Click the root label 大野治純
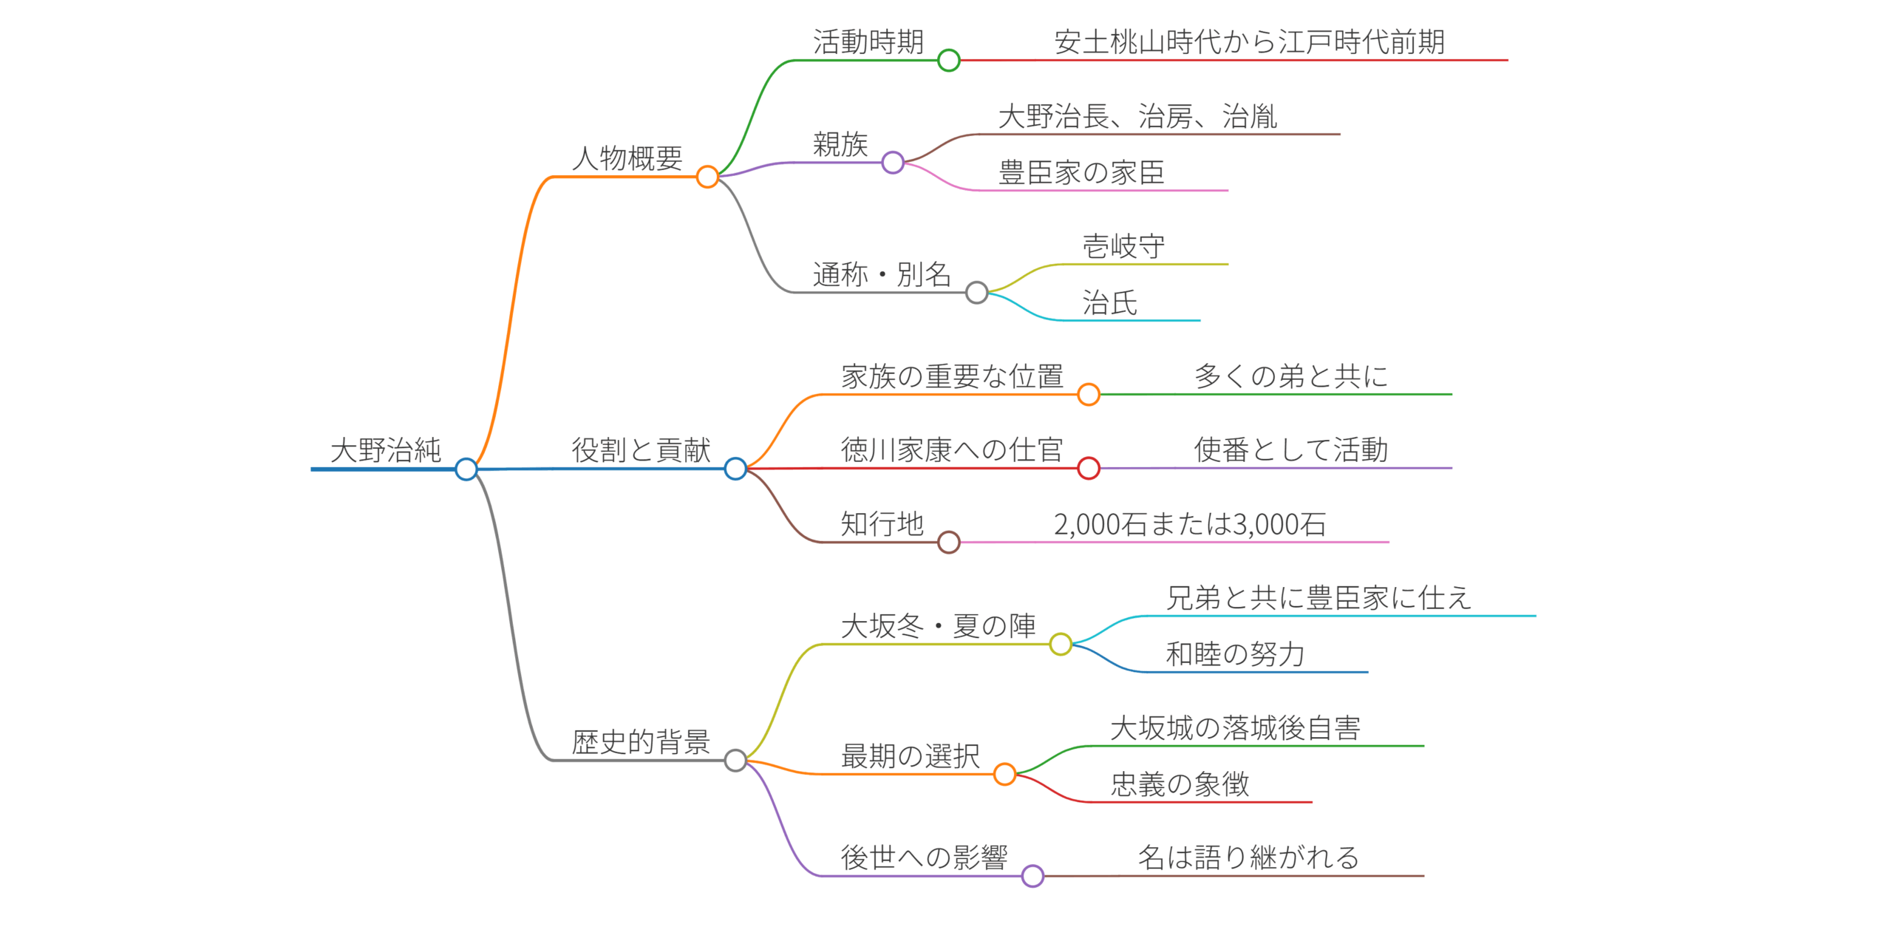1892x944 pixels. point(385,449)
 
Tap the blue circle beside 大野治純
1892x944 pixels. point(466,469)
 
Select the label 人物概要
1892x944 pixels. point(627,158)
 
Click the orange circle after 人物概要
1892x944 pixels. point(707,177)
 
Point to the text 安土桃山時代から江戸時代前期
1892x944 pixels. point(1249,42)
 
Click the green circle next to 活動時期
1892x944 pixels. point(948,60)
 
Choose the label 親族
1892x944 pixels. point(840,144)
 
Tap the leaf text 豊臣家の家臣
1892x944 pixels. point(1081,172)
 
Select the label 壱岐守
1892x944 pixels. point(1123,246)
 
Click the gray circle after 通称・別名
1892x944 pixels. point(976,293)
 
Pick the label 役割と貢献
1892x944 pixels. point(641,449)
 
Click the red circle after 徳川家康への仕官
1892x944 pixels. point(1089,468)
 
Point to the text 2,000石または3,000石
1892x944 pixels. point(1190,524)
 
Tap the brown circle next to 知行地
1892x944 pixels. point(948,542)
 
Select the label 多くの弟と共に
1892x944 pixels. point(1291,376)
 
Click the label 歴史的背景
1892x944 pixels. point(641,741)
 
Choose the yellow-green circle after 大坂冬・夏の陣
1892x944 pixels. point(1061,644)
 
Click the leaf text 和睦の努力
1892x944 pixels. point(1235,654)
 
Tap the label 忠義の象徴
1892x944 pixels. point(1180,784)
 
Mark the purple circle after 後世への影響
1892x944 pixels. point(1032,876)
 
